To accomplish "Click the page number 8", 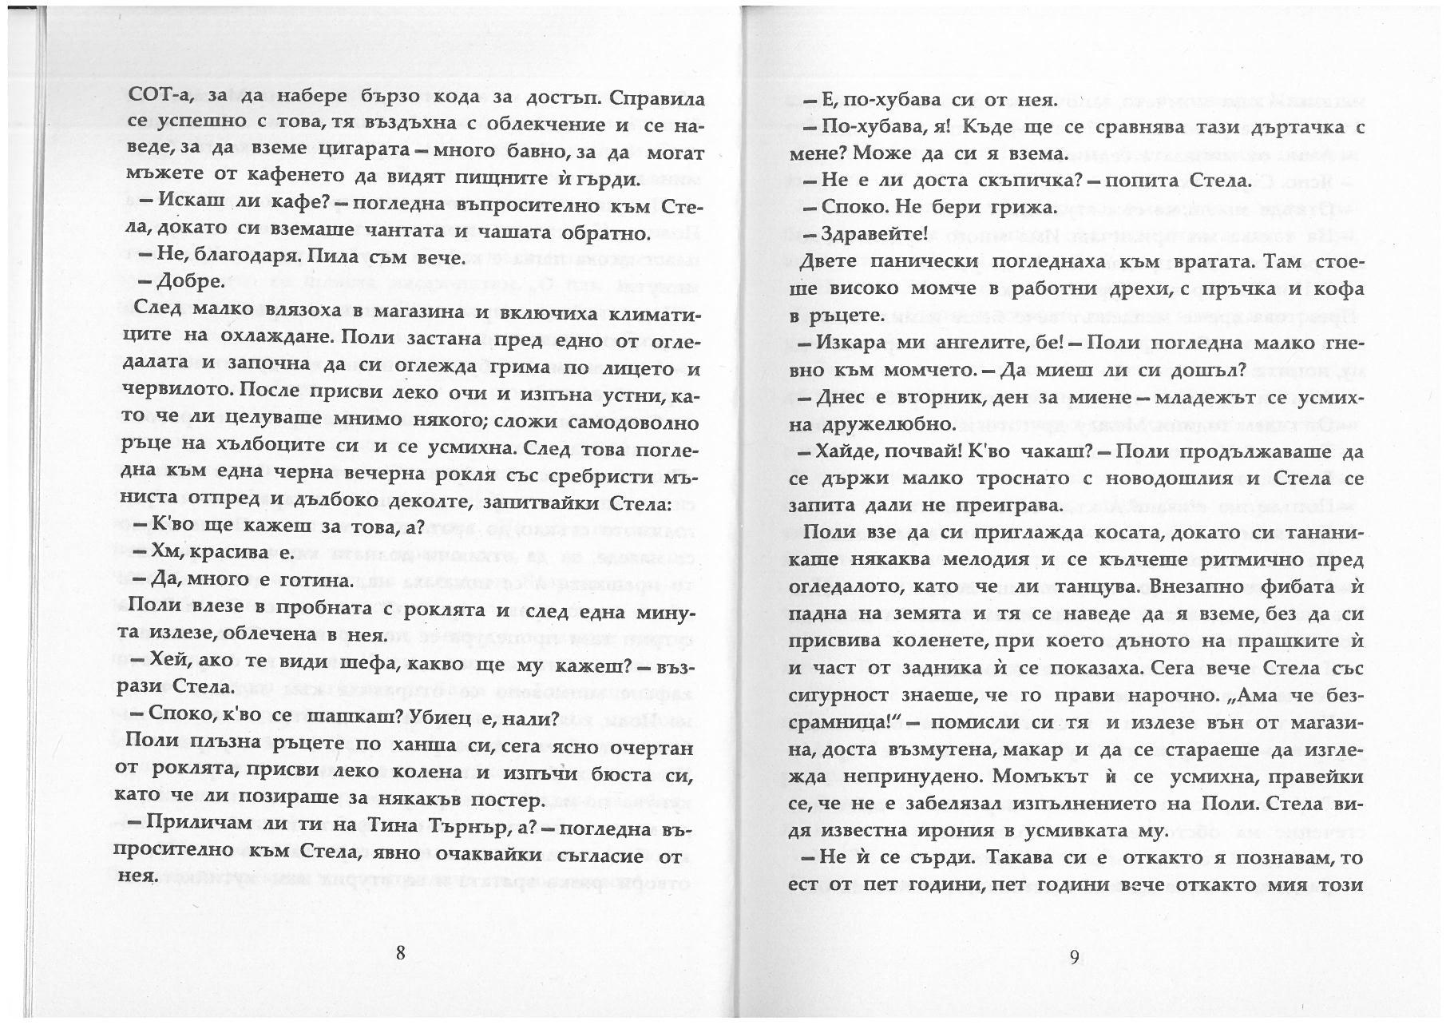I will pyautogui.click(x=400, y=952).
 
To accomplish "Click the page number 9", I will pyautogui.click(x=1074, y=956).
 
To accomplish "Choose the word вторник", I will pyautogui.click(x=947, y=397).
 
